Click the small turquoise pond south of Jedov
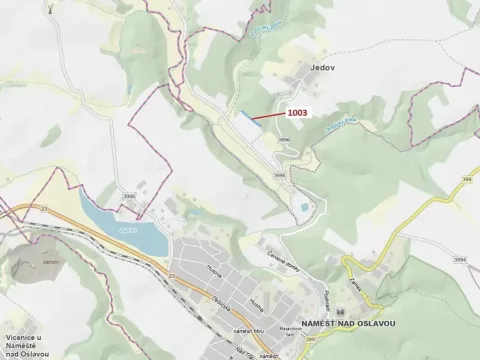pyautogui.click(x=301, y=206)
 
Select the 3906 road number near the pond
pyautogui.click(x=131, y=196)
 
